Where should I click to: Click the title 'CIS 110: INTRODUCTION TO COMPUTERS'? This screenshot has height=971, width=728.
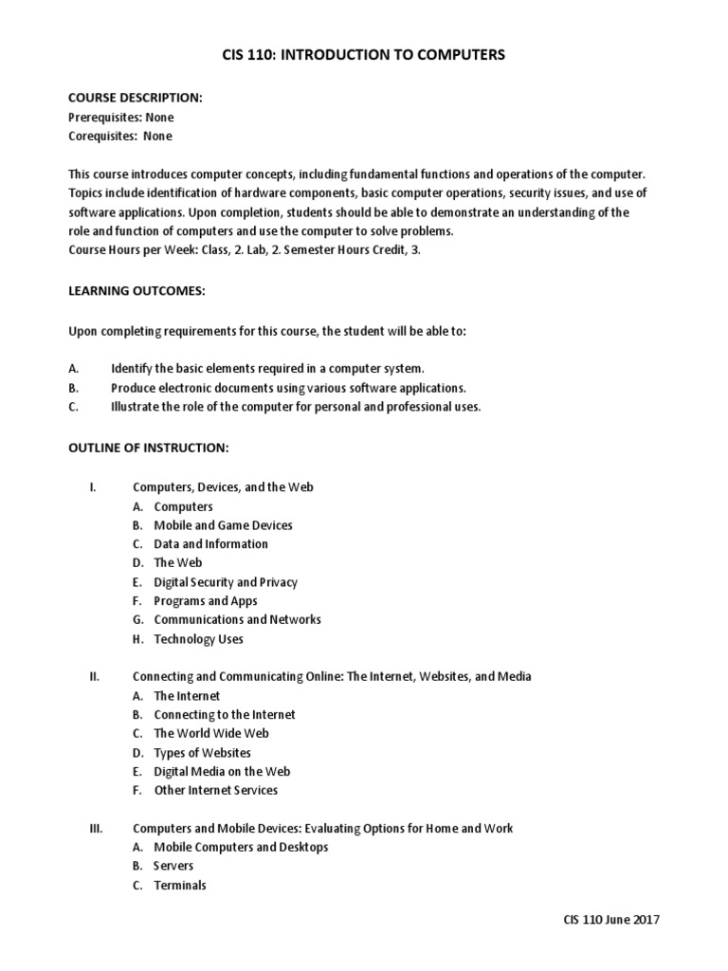[x=364, y=55]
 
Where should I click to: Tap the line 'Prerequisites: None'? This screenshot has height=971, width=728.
[x=121, y=118]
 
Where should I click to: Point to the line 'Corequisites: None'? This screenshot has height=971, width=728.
[x=120, y=137]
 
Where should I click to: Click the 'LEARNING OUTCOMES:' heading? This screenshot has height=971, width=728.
[x=136, y=291]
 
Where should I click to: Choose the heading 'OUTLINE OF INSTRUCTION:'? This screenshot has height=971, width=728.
[x=148, y=447]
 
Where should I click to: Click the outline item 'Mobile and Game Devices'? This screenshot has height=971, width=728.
[x=223, y=525]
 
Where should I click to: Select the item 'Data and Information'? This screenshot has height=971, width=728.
[x=210, y=544]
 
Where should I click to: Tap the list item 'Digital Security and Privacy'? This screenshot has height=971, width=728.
[x=226, y=582]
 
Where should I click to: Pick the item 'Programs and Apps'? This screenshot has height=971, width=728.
[x=205, y=601]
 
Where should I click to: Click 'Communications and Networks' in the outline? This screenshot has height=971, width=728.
[x=237, y=620]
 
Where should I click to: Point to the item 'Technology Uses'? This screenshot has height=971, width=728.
[x=198, y=639]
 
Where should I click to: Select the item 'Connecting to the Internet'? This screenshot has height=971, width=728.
[x=225, y=715]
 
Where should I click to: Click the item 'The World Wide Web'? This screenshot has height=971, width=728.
[x=211, y=734]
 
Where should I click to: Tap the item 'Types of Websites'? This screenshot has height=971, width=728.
[x=203, y=753]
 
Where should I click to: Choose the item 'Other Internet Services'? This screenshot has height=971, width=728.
[x=216, y=791]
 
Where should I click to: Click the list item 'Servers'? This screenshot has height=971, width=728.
[x=173, y=867]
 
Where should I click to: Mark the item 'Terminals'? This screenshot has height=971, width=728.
[x=180, y=886]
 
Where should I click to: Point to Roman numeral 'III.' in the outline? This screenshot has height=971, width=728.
[x=96, y=829]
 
